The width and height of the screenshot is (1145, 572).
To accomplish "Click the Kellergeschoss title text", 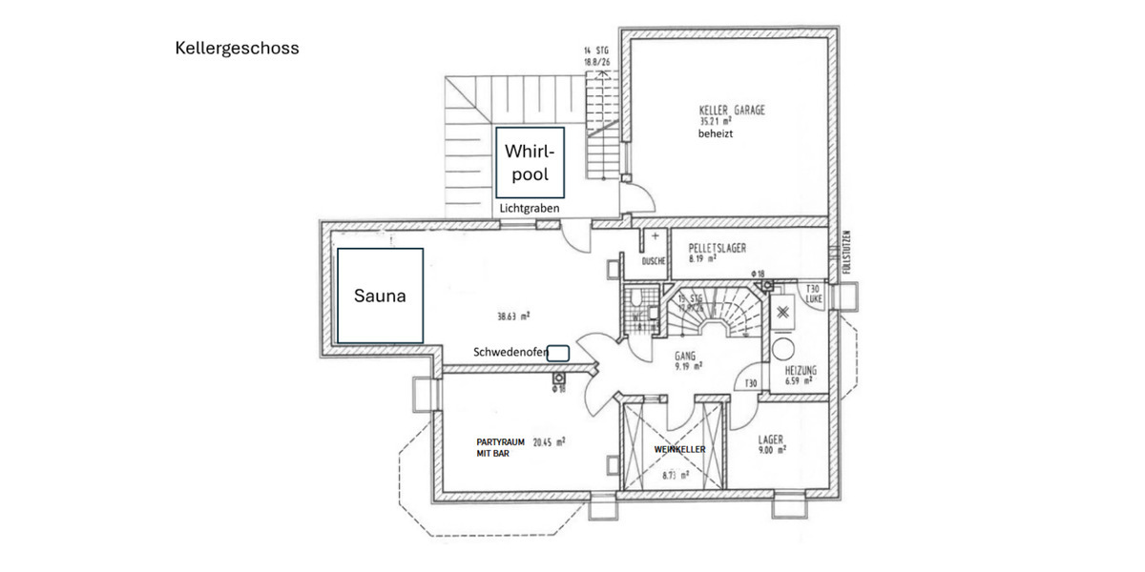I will [237, 48].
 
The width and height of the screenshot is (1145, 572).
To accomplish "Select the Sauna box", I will [380, 296].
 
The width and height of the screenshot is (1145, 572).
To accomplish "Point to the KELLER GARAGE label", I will [732, 111].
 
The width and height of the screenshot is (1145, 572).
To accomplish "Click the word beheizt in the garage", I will [716, 135].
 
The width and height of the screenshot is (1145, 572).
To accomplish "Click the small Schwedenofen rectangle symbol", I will [559, 353].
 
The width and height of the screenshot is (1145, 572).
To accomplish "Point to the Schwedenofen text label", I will [510, 353].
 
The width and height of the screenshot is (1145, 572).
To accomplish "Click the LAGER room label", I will [770, 440].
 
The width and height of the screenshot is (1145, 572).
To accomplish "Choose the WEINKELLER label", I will [679, 449].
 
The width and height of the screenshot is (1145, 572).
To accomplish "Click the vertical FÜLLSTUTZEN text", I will [845, 254].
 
